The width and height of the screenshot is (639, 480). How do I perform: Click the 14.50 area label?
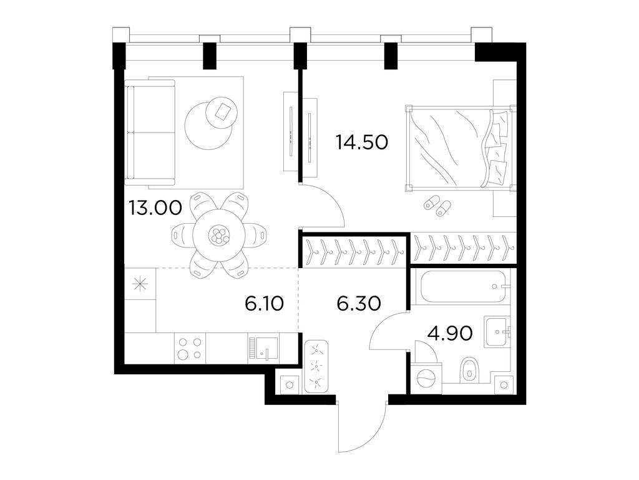point(362,142)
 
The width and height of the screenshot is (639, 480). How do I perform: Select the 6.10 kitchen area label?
point(265,304)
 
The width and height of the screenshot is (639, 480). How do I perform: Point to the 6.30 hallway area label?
point(358,304)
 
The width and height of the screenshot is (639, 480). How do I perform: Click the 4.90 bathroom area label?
point(449,332)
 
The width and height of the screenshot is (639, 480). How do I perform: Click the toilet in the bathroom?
point(469,370)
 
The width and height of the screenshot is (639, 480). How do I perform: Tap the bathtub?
point(462,288)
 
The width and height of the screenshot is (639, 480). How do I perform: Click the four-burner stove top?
point(190,348)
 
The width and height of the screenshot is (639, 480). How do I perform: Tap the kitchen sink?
point(263,348)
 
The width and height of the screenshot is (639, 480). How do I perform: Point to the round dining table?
point(219,235)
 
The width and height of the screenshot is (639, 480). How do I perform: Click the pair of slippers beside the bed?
point(437,206)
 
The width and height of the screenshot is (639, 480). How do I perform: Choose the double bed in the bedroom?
point(459,148)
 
